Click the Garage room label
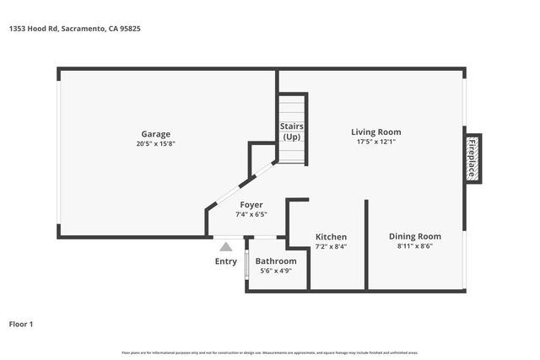[155, 134]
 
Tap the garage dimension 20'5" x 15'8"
[155, 143]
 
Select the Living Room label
[375, 132]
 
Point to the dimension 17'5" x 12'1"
[375, 142]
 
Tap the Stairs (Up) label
[291, 132]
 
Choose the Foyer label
[251, 205]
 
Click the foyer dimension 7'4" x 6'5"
[251, 214]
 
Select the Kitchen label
[331, 237]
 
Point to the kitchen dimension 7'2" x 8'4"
[331, 246]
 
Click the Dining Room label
[415, 236]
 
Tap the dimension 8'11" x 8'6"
[415, 246]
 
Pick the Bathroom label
[276, 261]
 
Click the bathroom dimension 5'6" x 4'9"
[276, 271]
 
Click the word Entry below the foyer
[226, 261]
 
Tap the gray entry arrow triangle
[225, 247]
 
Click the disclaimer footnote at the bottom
[269, 352]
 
